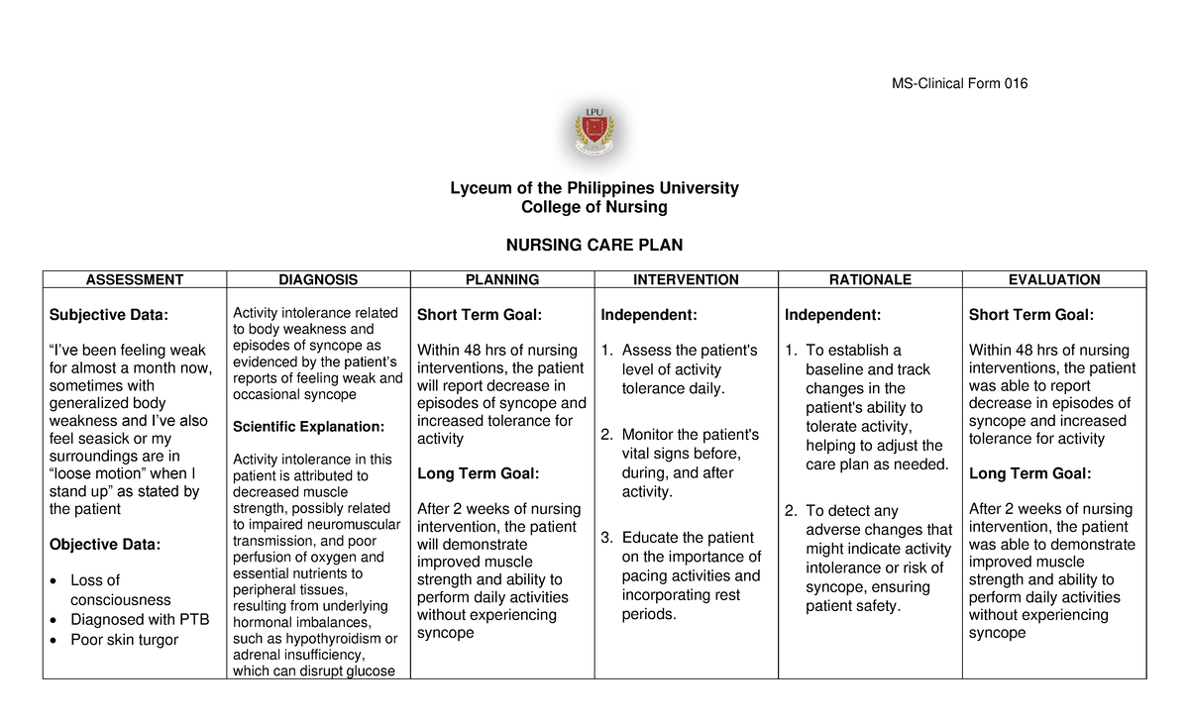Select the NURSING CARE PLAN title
pyautogui.click(x=594, y=245)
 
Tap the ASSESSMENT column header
pyautogui.click(x=135, y=280)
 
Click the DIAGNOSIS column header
pyautogui.click(x=318, y=280)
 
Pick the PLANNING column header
pyautogui.click(x=502, y=280)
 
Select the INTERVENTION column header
pyautogui.click(x=687, y=280)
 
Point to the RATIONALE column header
pyautogui.click(x=870, y=280)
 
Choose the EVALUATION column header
pyautogui.click(x=1053, y=280)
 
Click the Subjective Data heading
pyautogui.click(x=109, y=315)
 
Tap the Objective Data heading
pyautogui.click(x=104, y=545)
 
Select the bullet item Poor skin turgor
pyautogui.click(x=124, y=640)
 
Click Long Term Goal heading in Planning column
pyautogui.click(x=479, y=473)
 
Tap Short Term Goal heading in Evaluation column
pyautogui.click(x=1031, y=315)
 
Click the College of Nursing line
pyautogui.click(x=594, y=207)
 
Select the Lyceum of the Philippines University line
pyautogui.click(x=594, y=188)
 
